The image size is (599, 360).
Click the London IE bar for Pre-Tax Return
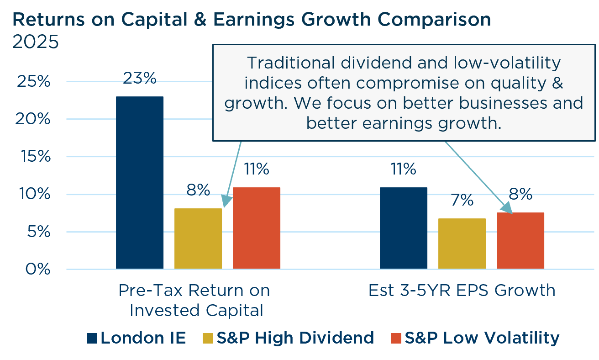pos(140,182)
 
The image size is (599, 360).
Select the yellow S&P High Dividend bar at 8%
pos(198,238)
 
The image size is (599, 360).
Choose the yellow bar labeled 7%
pos(462,244)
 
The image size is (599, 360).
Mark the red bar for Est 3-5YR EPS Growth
pos(520,241)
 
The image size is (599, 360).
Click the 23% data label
pos(140,78)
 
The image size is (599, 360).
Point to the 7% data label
pos(462,200)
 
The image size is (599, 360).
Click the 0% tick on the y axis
pos(37,269)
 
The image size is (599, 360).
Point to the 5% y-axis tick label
pos(37,232)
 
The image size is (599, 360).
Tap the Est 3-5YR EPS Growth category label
pos(462,291)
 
